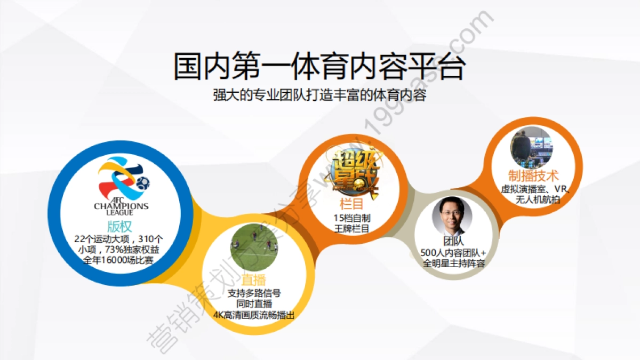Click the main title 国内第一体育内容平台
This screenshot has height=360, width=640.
tap(319, 66)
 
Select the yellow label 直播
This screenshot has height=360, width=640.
tap(253, 281)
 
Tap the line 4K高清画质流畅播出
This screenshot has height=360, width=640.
tap(253, 315)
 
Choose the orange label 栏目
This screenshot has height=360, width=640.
tap(351, 204)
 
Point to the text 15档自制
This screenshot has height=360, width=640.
tap(352, 218)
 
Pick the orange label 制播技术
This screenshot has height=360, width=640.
tap(533, 176)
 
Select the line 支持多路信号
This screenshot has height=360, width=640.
tap(254, 293)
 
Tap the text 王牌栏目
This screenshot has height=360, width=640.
tap(352, 229)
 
